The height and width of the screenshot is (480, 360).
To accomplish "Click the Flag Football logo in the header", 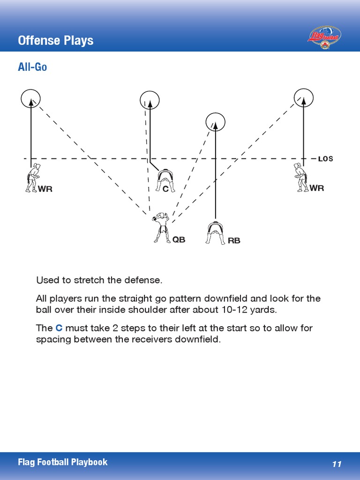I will pyautogui.click(x=324, y=37).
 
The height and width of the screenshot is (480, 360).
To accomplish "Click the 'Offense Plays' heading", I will pyautogui.click(x=55, y=40).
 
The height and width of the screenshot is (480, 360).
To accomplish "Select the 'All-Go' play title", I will pyautogui.click(x=32, y=67).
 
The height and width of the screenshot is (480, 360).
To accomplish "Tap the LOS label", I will pyautogui.click(x=325, y=159).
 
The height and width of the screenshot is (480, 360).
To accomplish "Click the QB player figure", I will pyautogui.click(x=162, y=227).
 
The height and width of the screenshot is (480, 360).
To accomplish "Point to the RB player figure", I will pyautogui.click(x=215, y=232).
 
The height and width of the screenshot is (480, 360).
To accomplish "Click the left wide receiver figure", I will pyautogui.click(x=33, y=178).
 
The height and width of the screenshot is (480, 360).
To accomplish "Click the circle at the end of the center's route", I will pyautogui.click(x=150, y=100).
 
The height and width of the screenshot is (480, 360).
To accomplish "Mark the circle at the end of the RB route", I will pyautogui.click(x=216, y=122).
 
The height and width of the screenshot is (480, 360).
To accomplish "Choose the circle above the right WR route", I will pyautogui.click(x=303, y=97).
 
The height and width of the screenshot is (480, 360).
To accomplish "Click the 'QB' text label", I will pyautogui.click(x=179, y=240).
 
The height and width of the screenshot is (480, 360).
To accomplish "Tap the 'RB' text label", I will pyautogui.click(x=234, y=240).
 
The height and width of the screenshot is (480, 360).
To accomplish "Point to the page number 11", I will pyautogui.click(x=337, y=464).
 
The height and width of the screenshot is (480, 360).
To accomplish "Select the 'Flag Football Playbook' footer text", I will pyautogui.click(x=63, y=462).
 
